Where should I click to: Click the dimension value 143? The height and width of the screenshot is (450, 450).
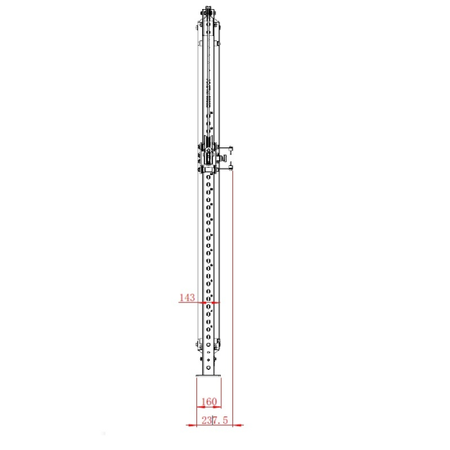tap(187, 298)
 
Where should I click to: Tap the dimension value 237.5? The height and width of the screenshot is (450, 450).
tap(212, 421)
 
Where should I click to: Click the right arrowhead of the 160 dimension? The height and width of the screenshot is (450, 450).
tap(220, 407)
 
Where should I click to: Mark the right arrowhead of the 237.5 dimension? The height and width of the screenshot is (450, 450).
tap(232, 425)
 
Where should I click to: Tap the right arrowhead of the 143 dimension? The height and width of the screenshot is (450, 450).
tap(218, 304)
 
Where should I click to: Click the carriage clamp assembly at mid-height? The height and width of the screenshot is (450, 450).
tap(210, 155)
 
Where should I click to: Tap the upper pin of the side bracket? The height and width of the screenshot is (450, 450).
tap(234, 150)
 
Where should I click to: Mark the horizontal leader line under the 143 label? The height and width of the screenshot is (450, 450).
tap(190, 304)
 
